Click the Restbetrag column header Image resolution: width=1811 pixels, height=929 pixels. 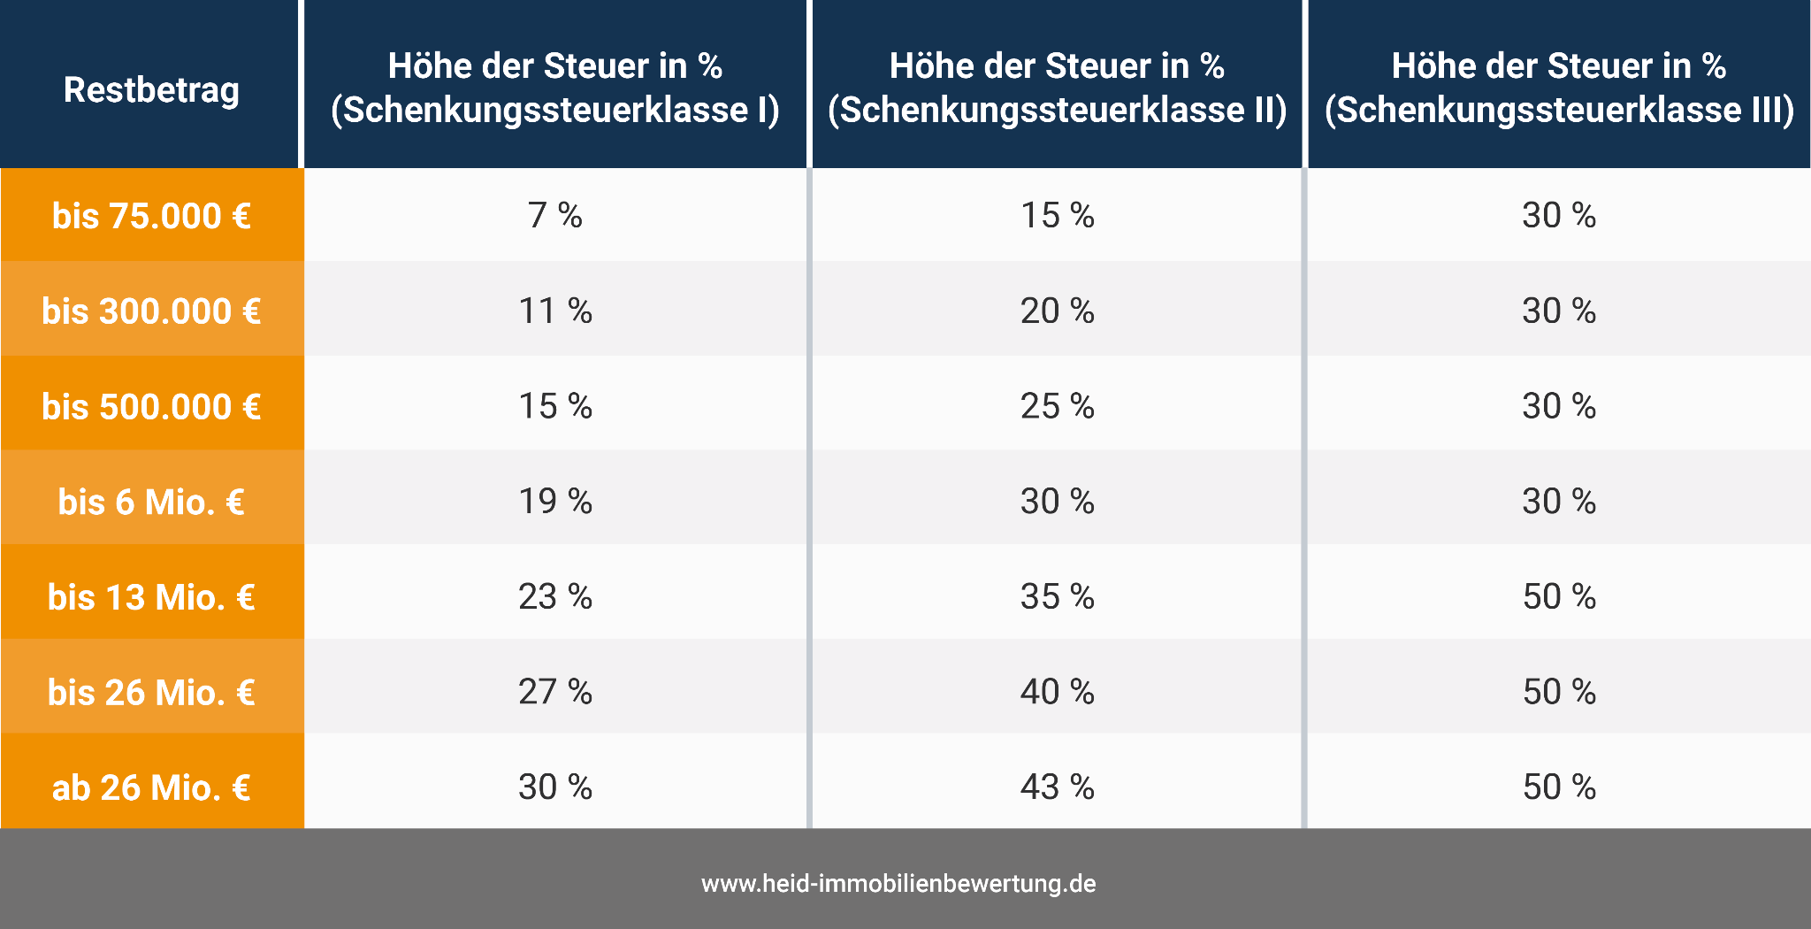point(151,89)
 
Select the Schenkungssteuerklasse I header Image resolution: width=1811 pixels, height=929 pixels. point(555,88)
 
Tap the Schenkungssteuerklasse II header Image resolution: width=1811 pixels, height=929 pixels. point(1057,88)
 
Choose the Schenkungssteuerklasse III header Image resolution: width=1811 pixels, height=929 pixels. point(1559,88)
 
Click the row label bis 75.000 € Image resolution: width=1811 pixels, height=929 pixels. point(151,216)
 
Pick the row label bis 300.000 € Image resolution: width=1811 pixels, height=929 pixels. point(151,311)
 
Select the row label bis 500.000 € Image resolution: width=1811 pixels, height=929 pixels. point(151,407)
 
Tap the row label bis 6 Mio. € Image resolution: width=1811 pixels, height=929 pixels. point(151,502)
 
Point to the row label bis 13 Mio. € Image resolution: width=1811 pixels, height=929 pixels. point(151,597)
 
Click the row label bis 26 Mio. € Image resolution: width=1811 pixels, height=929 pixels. point(151,692)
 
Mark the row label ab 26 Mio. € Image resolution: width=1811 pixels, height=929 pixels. point(151,787)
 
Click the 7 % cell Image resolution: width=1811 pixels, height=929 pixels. point(555,216)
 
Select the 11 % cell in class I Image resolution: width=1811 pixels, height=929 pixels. point(555,311)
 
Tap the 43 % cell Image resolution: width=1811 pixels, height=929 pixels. point(1057,787)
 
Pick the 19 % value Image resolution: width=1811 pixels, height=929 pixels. point(555,502)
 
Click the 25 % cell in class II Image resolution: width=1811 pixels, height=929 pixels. point(1057,407)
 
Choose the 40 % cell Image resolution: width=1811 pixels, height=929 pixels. point(1057,692)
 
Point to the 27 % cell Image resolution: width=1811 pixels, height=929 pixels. point(555,692)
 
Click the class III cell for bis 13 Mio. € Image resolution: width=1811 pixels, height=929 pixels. point(1559,597)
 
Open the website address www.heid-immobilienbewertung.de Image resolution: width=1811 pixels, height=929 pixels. point(898,883)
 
